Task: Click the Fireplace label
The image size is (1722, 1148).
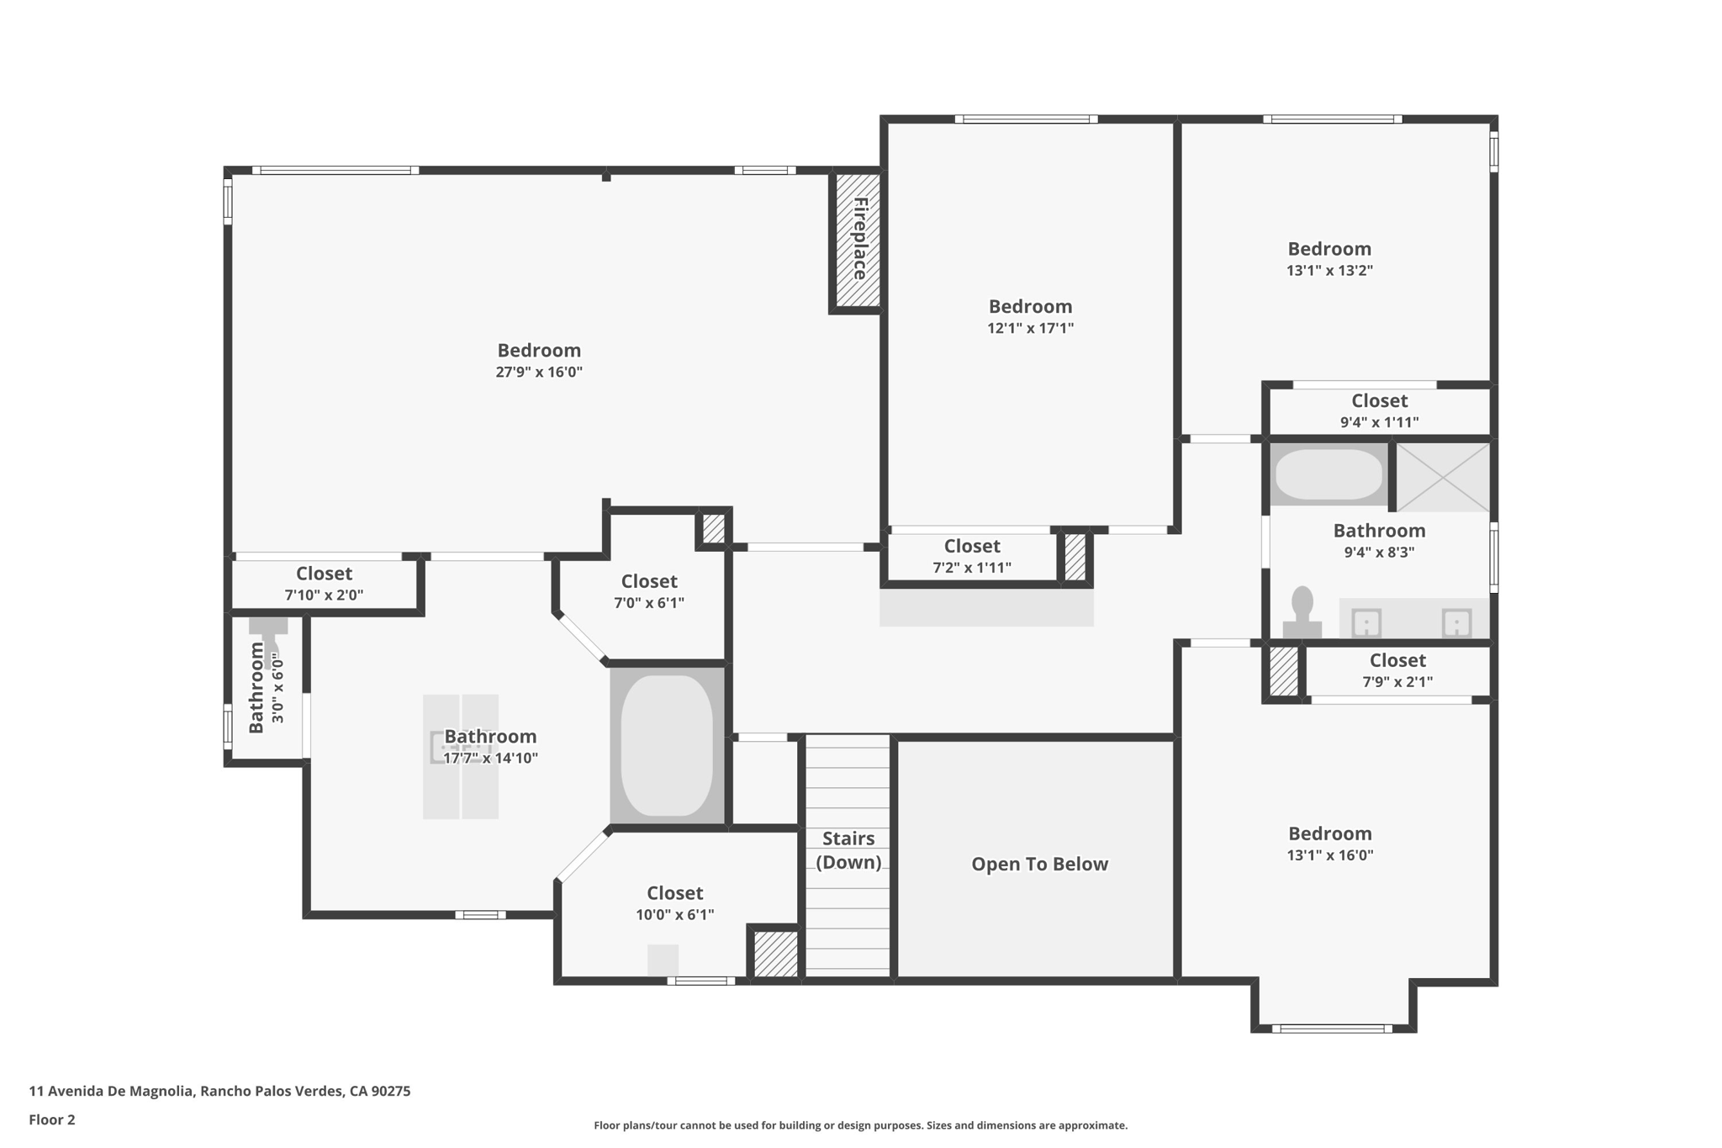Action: tap(859, 239)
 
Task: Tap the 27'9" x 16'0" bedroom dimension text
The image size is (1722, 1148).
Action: tap(539, 372)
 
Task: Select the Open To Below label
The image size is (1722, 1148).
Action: tap(1039, 864)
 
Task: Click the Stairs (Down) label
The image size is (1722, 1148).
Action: tap(848, 850)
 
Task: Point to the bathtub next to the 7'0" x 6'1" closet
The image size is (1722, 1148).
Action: tap(667, 745)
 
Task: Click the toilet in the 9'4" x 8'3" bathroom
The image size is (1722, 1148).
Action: tap(1302, 611)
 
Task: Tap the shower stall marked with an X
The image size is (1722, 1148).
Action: tap(1443, 478)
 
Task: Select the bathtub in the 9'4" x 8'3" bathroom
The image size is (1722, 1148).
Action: tap(1328, 474)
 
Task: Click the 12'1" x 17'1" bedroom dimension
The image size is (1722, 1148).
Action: tap(1030, 328)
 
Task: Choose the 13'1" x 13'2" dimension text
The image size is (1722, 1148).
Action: tap(1329, 270)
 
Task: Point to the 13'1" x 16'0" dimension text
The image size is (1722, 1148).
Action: tap(1329, 854)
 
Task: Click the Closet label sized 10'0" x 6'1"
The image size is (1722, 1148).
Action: tap(674, 892)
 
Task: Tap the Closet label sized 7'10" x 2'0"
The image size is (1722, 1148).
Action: tap(324, 573)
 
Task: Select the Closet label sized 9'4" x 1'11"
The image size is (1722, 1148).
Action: tap(1379, 400)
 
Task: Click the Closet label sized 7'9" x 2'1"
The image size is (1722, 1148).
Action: tap(1397, 660)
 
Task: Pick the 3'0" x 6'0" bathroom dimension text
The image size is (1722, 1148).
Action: tap(277, 687)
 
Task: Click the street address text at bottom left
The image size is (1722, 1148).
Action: tap(219, 1091)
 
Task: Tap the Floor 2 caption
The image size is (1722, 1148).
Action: tap(52, 1119)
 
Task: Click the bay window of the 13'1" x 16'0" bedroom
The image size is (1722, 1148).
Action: tap(1332, 1028)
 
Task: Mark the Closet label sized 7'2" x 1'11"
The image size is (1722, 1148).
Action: tap(972, 546)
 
